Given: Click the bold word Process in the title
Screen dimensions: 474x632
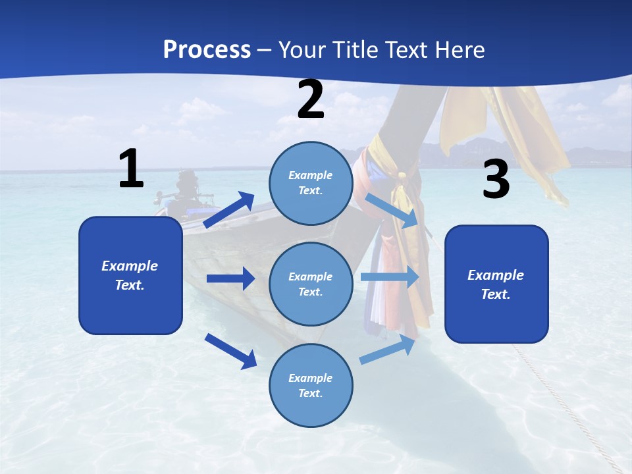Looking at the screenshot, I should point(207,49).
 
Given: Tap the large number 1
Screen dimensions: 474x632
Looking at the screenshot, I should point(131,169).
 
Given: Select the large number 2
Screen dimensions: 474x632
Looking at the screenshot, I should point(311,99).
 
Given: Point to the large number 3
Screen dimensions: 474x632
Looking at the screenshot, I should point(496,179).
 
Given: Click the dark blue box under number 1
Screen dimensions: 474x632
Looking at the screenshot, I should point(130,275).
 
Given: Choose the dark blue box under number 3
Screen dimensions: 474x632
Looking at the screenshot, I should point(496,284).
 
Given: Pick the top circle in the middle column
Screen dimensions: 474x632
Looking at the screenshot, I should point(311,183).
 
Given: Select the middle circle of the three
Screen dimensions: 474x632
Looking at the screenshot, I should point(311,284).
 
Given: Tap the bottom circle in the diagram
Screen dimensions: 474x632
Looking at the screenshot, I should point(311,385).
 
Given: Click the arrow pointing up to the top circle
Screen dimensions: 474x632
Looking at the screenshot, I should point(229,210).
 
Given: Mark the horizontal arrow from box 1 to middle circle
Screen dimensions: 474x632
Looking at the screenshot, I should point(230,278).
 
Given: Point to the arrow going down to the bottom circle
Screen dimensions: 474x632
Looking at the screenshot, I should point(230,351).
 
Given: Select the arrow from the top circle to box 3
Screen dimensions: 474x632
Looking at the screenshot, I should point(392,210).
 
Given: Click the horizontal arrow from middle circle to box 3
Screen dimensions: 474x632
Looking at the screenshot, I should point(390,276).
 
